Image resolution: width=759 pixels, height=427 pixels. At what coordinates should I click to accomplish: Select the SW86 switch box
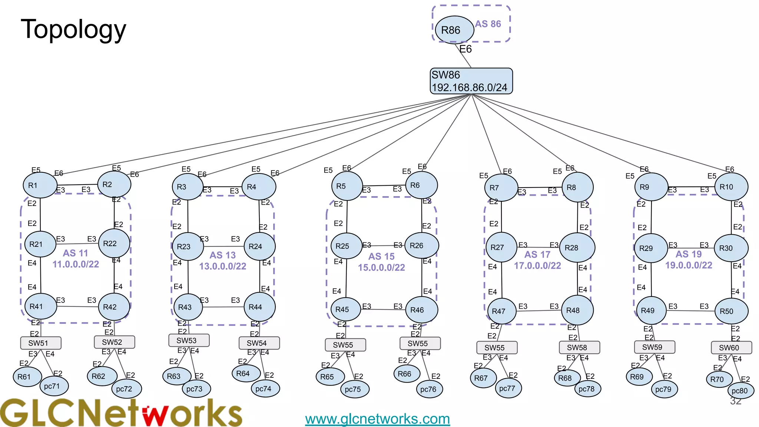pyautogui.click(x=471, y=81)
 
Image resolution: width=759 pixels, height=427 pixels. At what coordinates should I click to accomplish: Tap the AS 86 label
pyautogui.click(x=488, y=24)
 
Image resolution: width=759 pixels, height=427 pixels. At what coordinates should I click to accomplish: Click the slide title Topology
pyautogui.click(x=73, y=29)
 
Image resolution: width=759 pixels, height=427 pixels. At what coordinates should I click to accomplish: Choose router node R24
pyautogui.click(x=259, y=246)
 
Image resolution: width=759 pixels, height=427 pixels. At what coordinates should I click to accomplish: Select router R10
pyautogui.click(x=731, y=187)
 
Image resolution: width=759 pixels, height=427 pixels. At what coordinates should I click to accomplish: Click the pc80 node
pyautogui.click(x=740, y=391)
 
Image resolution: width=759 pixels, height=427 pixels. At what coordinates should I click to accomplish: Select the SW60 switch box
pyautogui.click(x=731, y=348)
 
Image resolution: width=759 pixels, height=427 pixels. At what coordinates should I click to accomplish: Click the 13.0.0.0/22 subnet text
pyautogui.click(x=223, y=266)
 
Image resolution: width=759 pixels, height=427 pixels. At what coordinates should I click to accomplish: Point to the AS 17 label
pyautogui.click(x=537, y=255)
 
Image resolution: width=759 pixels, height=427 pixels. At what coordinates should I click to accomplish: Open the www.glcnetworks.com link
pyautogui.click(x=377, y=419)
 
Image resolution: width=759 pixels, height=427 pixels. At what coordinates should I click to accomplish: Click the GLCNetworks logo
pyautogui.click(x=120, y=413)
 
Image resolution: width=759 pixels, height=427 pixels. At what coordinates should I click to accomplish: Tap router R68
pyautogui.click(x=565, y=378)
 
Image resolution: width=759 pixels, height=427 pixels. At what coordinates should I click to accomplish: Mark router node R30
pyautogui.click(x=730, y=248)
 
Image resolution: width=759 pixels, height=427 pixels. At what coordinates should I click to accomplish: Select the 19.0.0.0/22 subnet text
pyautogui.click(x=689, y=265)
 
